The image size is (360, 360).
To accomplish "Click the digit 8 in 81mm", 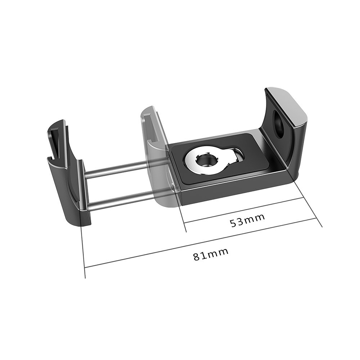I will [x=196, y=257].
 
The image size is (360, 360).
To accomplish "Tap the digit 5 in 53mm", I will [x=233, y=224].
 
